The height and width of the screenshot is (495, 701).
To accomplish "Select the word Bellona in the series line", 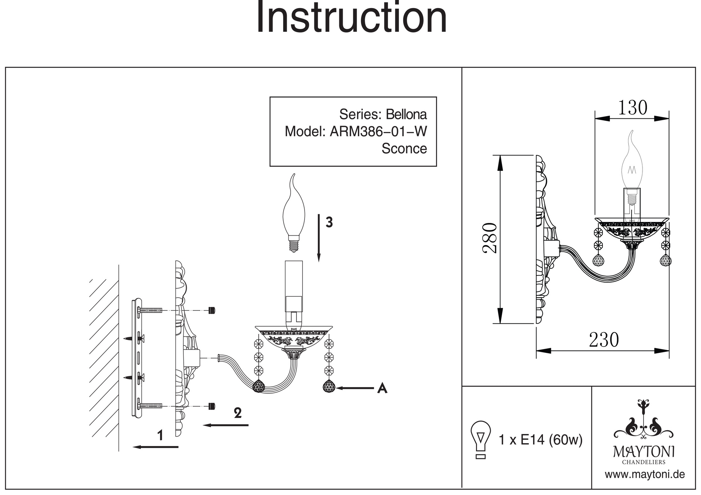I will pyautogui.click(x=406, y=114).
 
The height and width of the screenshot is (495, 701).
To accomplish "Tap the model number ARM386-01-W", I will pyautogui.click(x=378, y=131).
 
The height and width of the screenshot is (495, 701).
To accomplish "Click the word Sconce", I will pyautogui.click(x=404, y=148).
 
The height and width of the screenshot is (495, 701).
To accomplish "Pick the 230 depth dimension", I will pyautogui.click(x=604, y=340).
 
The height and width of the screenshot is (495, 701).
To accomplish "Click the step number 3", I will pyautogui.click(x=329, y=222).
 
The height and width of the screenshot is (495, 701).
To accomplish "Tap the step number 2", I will pyautogui.click(x=238, y=413).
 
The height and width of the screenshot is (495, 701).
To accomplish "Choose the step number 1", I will pyautogui.click(x=160, y=435).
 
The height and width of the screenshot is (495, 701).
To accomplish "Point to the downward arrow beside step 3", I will pyautogui.click(x=319, y=238).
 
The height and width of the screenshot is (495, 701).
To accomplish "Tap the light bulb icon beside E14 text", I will pyautogui.click(x=481, y=440).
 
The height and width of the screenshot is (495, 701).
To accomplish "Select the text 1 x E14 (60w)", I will pyautogui.click(x=540, y=440).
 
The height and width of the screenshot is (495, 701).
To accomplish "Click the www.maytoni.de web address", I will pyautogui.click(x=645, y=475).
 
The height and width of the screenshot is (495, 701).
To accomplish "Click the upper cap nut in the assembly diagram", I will pyautogui.click(x=211, y=311).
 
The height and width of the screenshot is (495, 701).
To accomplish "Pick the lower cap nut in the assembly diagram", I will pyautogui.click(x=211, y=406).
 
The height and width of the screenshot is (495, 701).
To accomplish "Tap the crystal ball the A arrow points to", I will pyautogui.click(x=329, y=386).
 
